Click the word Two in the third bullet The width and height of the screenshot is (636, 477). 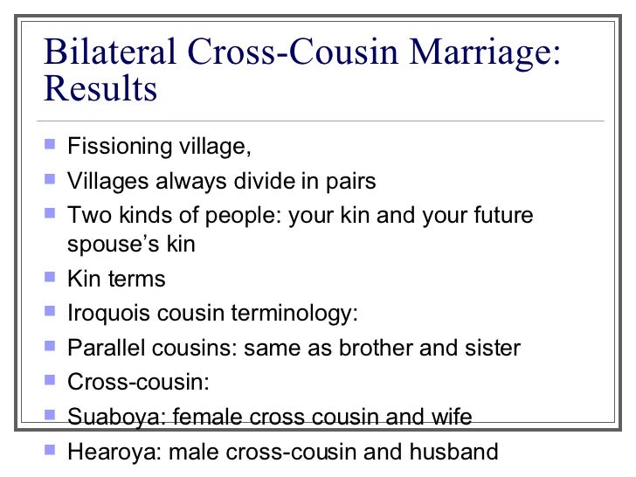(x=85, y=215)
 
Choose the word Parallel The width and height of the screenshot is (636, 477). (x=103, y=347)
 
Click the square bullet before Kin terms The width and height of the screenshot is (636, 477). (x=49, y=278)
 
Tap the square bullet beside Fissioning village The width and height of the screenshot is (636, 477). (x=49, y=145)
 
